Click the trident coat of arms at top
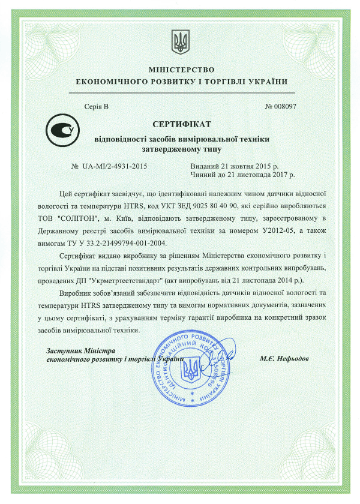[179, 41]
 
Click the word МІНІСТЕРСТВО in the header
[179, 70]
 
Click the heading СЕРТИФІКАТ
[179, 125]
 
